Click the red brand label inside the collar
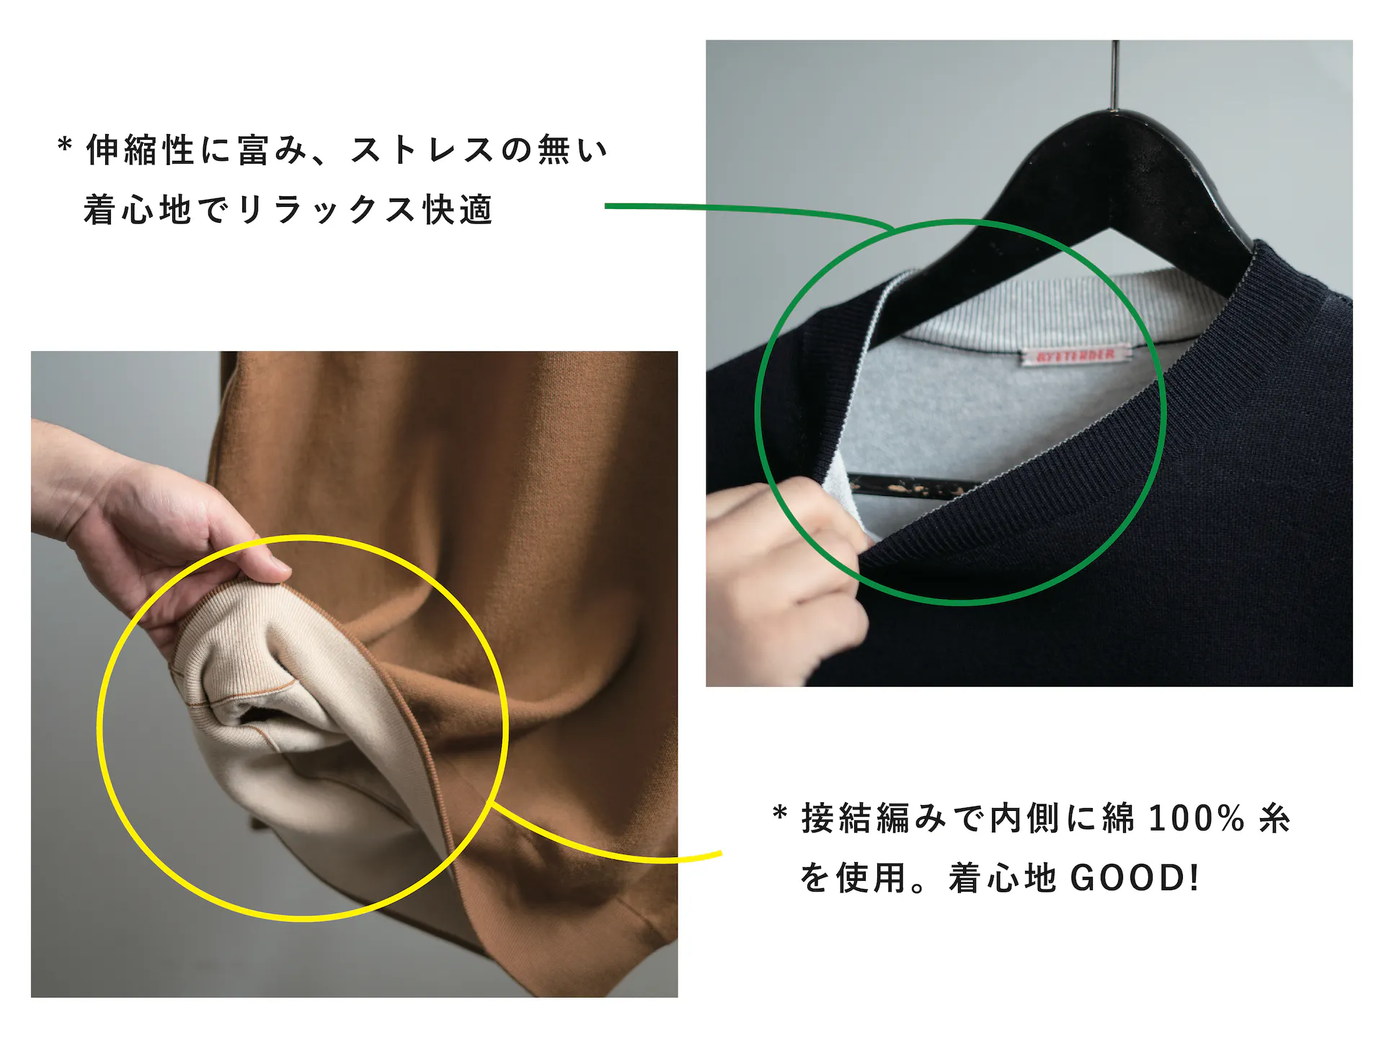click(1075, 355)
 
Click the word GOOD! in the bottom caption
click(1135, 878)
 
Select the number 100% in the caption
click(1196, 819)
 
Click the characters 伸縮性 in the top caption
click(140, 150)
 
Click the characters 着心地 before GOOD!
click(1002, 878)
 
